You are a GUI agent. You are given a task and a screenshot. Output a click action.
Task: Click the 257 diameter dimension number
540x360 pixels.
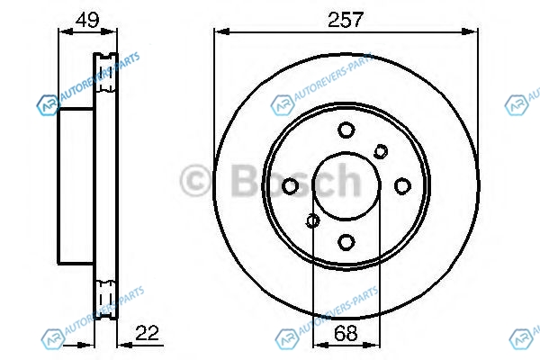click(x=346, y=19)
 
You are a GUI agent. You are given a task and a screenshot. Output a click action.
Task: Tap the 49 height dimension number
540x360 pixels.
click(x=87, y=20)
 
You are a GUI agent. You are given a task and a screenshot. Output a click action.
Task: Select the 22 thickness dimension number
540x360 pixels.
click(x=147, y=333)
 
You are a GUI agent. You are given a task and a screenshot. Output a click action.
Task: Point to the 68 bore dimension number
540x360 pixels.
click(x=346, y=333)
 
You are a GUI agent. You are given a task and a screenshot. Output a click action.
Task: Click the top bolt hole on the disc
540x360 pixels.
click(x=346, y=130)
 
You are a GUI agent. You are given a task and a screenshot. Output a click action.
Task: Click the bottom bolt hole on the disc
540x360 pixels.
click(x=346, y=242)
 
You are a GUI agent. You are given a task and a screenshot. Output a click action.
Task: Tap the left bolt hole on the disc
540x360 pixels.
click(x=290, y=186)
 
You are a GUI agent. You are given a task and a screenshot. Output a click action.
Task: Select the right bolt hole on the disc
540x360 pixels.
click(x=402, y=186)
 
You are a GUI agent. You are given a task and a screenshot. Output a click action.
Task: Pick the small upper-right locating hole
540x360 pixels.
click(x=381, y=151)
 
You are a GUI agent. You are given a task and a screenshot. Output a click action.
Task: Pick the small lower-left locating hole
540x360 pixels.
click(x=312, y=220)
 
